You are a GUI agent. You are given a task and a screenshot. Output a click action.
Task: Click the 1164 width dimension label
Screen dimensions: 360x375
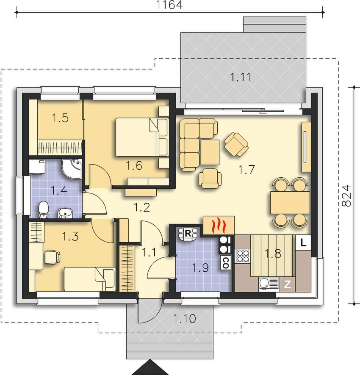point(169,5)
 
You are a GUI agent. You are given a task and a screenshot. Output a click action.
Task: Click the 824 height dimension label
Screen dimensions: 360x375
point(346,196)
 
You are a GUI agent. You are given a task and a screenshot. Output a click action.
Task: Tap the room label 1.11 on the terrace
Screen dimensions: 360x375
point(240,77)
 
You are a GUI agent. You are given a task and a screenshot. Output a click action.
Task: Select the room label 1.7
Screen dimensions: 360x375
point(246,170)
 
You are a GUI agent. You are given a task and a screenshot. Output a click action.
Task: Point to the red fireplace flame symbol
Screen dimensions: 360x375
point(219,225)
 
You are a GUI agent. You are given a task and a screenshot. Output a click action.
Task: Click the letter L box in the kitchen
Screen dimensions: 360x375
point(303,243)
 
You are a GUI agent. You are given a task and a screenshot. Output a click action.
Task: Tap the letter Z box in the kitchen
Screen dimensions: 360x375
point(287,284)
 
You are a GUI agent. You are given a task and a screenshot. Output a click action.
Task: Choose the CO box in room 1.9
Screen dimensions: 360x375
point(225,262)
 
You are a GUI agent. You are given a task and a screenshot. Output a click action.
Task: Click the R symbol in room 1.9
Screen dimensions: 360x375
point(188,233)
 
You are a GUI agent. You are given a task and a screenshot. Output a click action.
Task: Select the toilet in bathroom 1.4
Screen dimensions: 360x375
point(43,210)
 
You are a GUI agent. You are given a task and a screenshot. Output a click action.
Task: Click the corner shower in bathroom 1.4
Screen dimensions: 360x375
point(72,168)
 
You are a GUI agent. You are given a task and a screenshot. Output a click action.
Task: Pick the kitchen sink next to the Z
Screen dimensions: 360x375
point(269,284)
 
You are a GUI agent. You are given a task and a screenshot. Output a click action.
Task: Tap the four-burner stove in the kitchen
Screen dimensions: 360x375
point(243,256)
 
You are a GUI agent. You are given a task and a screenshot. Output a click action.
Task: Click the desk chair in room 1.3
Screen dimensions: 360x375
point(53,257)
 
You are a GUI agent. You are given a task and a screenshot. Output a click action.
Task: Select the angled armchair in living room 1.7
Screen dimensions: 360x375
point(236,144)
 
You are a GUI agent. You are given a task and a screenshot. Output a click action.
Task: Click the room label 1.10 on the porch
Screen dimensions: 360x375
point(185,319)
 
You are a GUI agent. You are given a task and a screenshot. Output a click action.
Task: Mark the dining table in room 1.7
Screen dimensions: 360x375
point(290,202)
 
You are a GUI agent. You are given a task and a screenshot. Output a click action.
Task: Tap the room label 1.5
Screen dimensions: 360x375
point(60,118)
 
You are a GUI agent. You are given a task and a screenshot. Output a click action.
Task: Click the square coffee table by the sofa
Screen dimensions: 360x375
point(210,152)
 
